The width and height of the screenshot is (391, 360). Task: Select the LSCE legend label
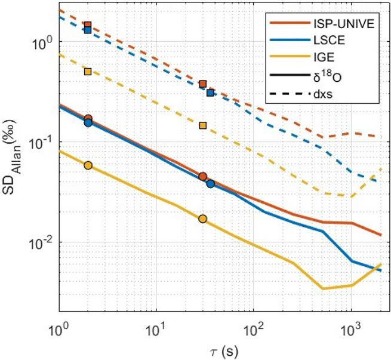(x=327, y=41)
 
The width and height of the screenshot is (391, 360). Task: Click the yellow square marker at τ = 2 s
(x=88, y=72)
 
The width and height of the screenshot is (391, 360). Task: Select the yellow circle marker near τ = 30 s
(x=203, y=219)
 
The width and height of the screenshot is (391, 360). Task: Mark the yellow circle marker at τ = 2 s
(x=88, y=165)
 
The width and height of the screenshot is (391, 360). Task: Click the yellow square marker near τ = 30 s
(x=203, y=125)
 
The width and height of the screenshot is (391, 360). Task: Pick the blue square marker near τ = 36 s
(x=210, y=93)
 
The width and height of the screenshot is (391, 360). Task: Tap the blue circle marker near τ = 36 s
(x=211, y=184)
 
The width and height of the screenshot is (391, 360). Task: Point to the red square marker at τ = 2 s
(x=88, y=25)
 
